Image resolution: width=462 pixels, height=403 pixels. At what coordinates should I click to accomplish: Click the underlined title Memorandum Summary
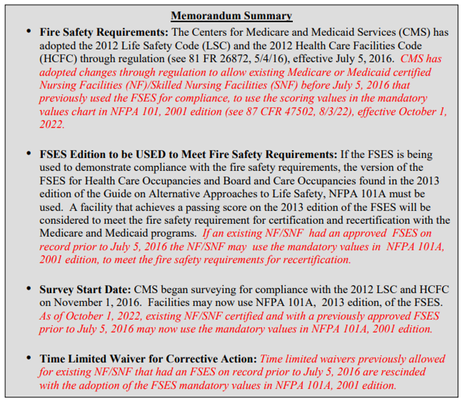(x=231, y=16)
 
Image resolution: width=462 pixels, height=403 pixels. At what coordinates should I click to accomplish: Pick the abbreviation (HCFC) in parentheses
(x=58, y=59)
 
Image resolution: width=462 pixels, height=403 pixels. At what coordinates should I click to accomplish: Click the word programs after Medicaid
(x=173, y=232)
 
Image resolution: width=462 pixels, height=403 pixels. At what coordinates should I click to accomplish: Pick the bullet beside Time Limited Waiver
(x=29, y=359)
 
